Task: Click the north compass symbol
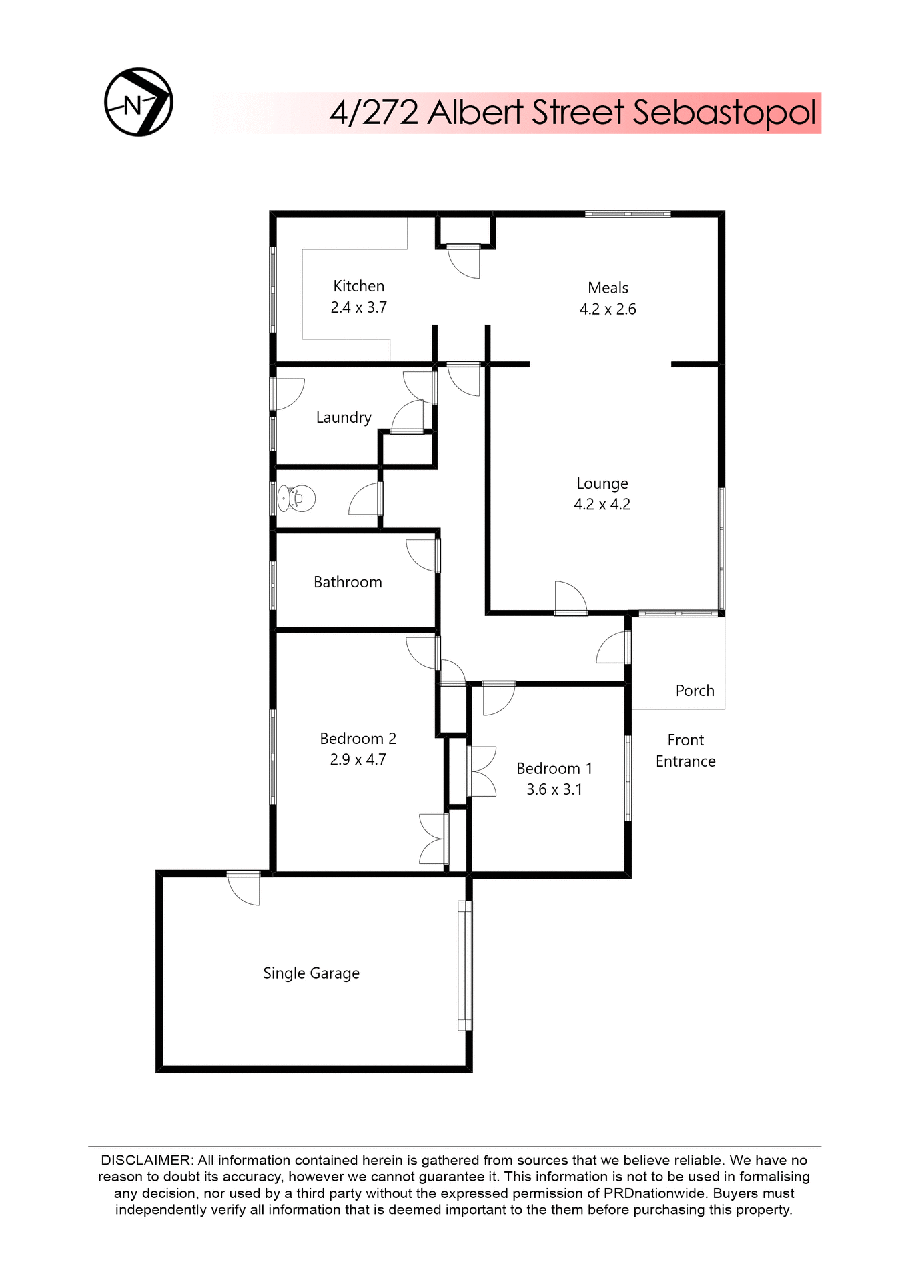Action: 139,102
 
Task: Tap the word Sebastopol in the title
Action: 724,113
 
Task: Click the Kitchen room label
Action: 359,286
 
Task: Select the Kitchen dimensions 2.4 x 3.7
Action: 359,307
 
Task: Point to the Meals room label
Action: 608,288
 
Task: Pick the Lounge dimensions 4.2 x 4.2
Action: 602,505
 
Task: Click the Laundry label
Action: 344,417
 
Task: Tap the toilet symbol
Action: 297,498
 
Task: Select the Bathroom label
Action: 348,582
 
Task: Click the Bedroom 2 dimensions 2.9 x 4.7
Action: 358,760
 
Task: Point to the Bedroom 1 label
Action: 554,769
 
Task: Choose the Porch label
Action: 695,691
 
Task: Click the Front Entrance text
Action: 686,751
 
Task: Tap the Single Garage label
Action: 311,973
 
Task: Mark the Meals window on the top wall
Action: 628,214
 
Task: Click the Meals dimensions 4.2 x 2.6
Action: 608,309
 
